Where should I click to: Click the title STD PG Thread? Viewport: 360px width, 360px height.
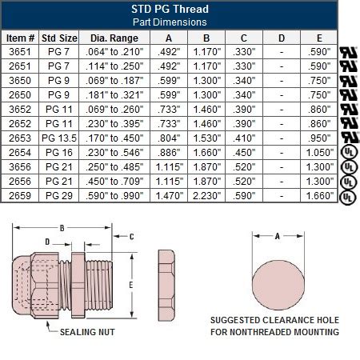(170, 10)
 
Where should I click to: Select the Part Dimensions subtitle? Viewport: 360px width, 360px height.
(170, 22)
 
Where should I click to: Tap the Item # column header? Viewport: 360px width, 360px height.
(21, 37)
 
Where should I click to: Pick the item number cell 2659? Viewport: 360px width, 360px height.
(21, 194)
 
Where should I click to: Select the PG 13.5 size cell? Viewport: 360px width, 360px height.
(61, 138)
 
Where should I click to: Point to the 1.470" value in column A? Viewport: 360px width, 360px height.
(167, 194)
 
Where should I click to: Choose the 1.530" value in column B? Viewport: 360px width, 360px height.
(207, 138)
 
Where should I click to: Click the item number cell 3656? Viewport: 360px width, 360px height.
(21, 166)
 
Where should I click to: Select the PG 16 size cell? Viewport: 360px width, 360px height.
(61, 151)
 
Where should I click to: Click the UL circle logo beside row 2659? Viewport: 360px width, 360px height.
(348, 195)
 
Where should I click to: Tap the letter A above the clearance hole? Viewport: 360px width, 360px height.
(278, 236)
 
